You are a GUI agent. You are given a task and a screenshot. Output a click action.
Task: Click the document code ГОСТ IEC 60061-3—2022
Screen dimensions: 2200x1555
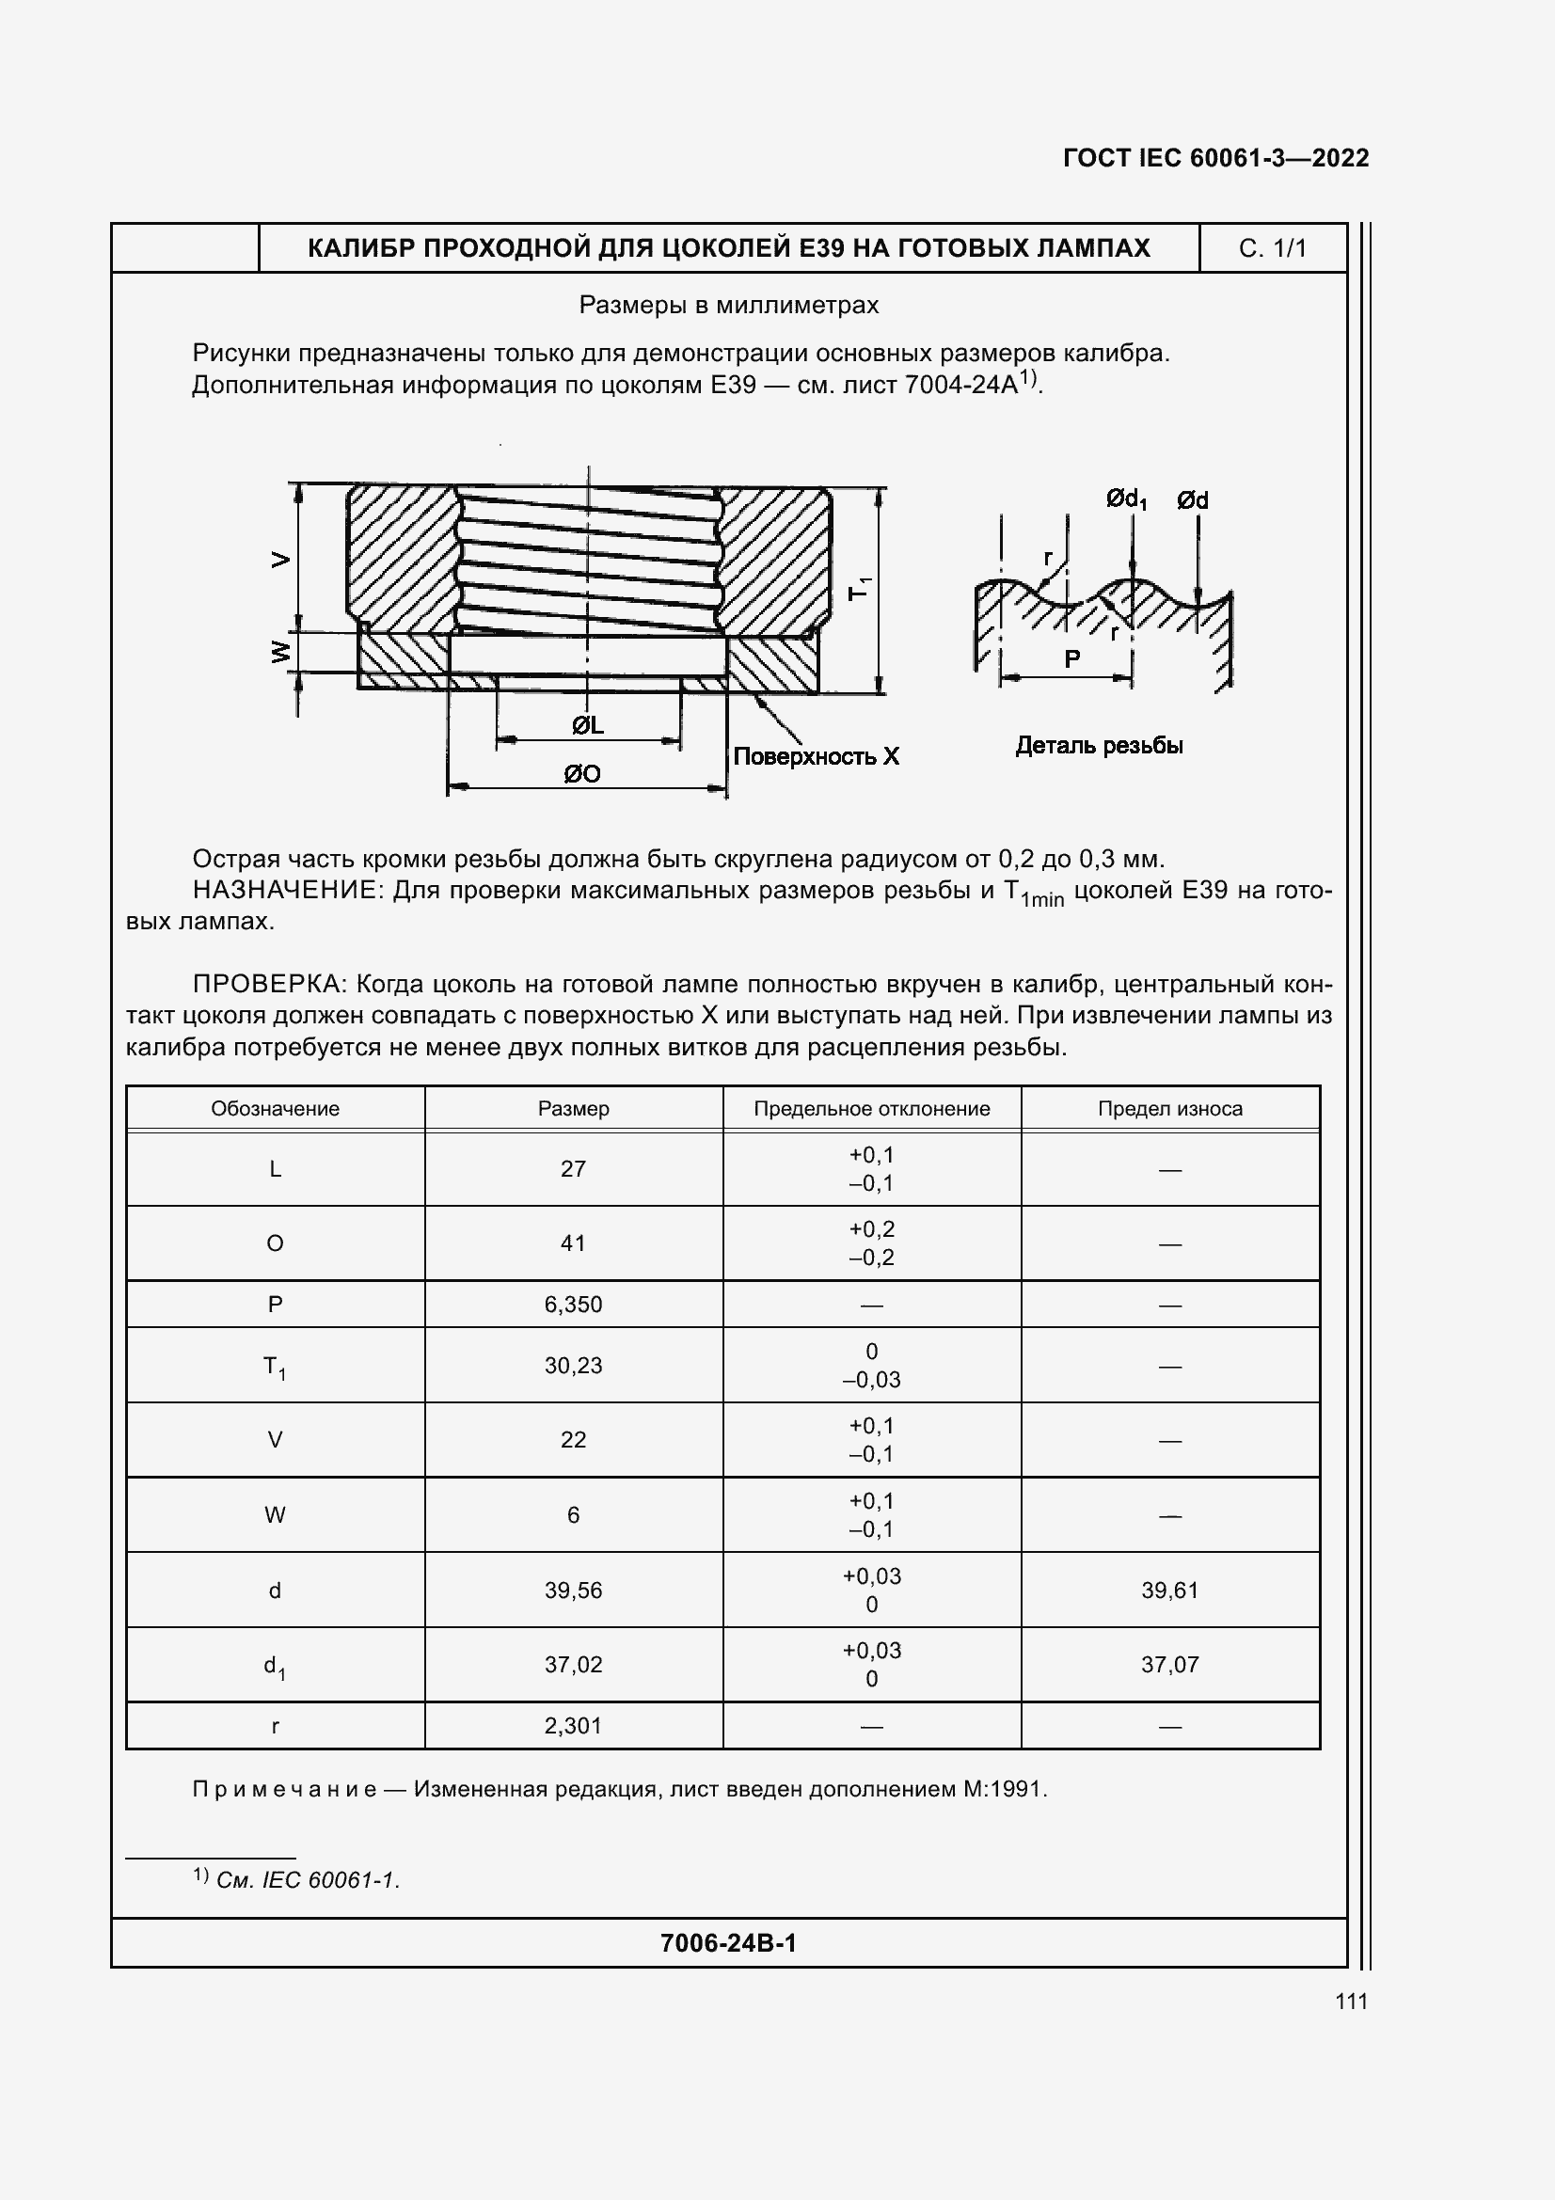pos(1214,158)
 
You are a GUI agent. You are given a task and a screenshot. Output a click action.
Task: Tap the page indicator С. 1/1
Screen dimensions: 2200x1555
pos(1272,249)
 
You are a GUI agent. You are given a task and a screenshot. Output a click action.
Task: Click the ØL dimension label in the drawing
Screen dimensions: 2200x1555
pos(587,725)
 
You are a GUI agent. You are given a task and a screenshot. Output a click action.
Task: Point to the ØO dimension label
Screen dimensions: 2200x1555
pos(581,773)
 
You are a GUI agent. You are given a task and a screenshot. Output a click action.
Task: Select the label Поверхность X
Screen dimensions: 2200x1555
pos(816,756)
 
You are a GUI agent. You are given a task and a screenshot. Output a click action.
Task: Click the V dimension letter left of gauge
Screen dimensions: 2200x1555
pos(279,559)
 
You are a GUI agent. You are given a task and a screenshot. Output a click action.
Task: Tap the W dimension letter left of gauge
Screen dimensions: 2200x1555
pos(279,653)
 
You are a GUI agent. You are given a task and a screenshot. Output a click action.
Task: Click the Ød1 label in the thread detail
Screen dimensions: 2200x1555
pos(1125,499)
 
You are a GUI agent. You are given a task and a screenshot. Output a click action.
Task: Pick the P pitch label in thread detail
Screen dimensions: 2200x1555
pos(1072,658)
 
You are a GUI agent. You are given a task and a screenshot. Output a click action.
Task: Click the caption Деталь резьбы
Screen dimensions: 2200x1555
pos(1098,746)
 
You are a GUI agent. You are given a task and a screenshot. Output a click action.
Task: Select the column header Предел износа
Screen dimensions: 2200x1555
pos(1169,1109)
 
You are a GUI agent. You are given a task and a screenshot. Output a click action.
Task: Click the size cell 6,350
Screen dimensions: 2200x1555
pos(573,1304)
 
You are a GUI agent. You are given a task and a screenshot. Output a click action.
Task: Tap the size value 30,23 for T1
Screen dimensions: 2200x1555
pos(573,1366)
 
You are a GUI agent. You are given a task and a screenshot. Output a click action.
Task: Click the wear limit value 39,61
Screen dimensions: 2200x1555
pos(1169,1591)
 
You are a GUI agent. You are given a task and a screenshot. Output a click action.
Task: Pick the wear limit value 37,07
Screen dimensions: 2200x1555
pos(1169,1665)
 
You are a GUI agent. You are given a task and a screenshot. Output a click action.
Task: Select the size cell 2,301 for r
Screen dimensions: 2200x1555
pos(573,1726)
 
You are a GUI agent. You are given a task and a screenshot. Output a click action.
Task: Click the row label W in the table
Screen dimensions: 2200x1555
pos(275,1515)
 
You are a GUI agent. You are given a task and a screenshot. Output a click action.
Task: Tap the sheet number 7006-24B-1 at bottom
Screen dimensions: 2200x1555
pos(728,1942)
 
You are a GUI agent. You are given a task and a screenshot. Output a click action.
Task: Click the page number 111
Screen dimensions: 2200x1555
pos(1351,2002)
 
